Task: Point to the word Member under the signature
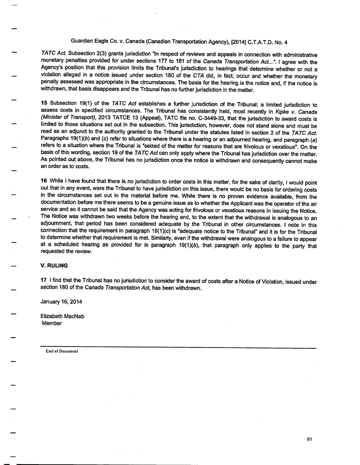[52, 324]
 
